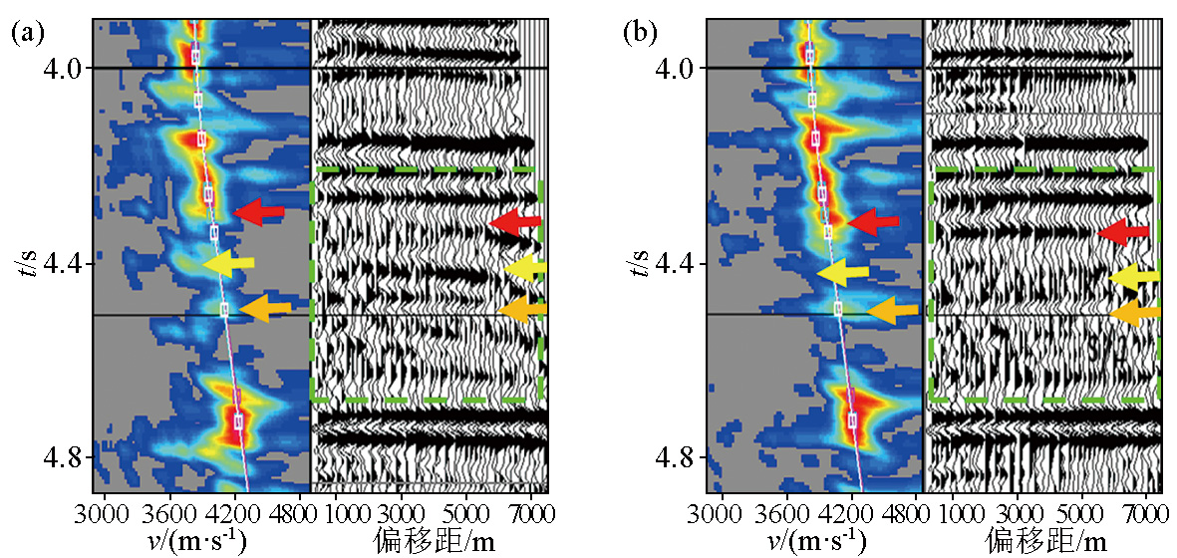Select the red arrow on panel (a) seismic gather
[516, 221]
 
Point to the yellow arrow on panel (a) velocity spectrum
[228, 263]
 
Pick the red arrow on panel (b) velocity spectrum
[873, 222]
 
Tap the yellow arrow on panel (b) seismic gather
[1134, 277]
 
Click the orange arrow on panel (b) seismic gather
[1135, 314]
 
